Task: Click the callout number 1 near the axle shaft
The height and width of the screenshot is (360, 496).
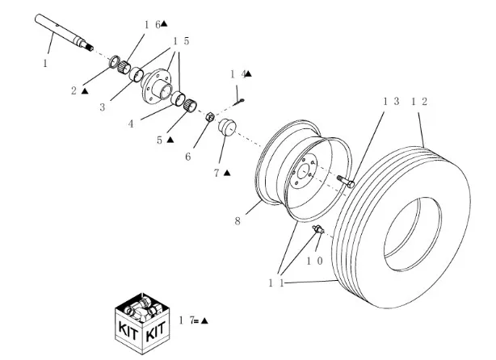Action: tap(45, 62)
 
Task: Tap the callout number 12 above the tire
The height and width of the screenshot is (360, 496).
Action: tap(419, 102)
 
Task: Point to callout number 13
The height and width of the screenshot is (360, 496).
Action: tap(391, 102)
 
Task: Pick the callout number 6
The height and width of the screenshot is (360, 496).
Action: tap(188, 157)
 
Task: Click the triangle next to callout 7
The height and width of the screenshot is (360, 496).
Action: tap(227, 172)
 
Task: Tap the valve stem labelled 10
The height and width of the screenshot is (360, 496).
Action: tap(317, 232)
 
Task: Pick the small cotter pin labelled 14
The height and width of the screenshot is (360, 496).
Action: tap(239, 100)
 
